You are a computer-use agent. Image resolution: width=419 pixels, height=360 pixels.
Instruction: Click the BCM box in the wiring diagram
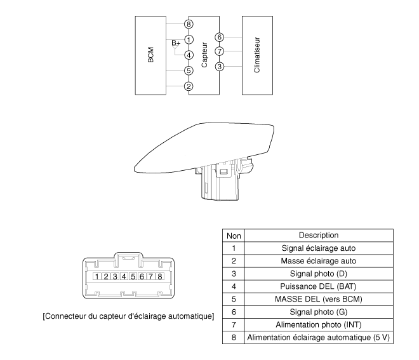(150, 55)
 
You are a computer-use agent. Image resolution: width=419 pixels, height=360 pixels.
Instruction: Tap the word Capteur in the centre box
(204, 55)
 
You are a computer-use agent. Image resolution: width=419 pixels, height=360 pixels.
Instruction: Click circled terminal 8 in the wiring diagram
(189, 23)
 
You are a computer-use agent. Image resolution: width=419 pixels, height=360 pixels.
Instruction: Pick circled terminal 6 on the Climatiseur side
(220, 37)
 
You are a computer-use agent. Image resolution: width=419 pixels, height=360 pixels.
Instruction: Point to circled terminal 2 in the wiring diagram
(189, 86)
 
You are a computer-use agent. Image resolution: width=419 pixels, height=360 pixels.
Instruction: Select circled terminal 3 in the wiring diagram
(220, 66)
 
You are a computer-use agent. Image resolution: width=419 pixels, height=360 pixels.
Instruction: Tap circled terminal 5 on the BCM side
(189, 70)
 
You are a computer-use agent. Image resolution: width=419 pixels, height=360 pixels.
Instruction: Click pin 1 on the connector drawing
(95, 276)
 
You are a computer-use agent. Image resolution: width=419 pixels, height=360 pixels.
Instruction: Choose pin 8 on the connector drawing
(159, 276)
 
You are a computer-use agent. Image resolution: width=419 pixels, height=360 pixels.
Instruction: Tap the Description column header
(318, 236)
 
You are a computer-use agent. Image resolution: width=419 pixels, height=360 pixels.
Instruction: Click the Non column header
(234, 236)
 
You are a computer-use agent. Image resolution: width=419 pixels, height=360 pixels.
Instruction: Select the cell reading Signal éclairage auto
(318, 248)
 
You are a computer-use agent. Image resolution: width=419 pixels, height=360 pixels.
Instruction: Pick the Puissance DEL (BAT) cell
(318, 286)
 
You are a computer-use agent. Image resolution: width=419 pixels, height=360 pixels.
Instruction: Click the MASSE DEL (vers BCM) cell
(318, 299)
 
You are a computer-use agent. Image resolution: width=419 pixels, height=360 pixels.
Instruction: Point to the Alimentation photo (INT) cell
(318, 324)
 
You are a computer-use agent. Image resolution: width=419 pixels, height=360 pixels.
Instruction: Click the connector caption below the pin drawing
(128, 316)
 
